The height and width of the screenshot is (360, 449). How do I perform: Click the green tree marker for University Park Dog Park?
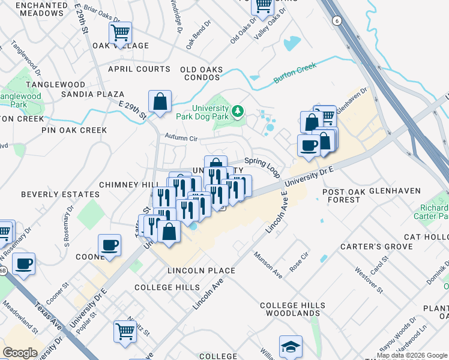[x=238, y=111]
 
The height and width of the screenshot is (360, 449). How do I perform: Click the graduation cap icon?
[x=291, y=346]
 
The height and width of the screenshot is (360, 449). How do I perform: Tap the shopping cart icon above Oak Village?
[x=120, y=32]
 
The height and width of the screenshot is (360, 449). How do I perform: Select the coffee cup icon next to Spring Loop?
[x=309, y=145]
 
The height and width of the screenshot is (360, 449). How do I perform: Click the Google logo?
[x=20, y=352]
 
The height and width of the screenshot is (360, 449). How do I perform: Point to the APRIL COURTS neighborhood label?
[x=139, y=70]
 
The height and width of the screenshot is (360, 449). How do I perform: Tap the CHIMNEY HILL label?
[x=128, y=185]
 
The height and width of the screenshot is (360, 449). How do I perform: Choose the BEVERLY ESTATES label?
[x=60, y=194]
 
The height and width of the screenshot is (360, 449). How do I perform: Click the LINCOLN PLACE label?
[x=201, y=271]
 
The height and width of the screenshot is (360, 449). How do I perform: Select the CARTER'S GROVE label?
[x=376, y=247]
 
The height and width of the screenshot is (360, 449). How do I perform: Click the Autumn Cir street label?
[x=181, y=139]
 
